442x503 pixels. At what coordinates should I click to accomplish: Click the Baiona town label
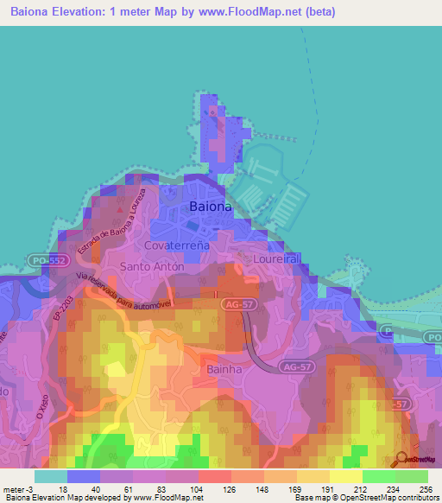tap(210, 207)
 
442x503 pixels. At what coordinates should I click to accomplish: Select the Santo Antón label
tap(152, 267)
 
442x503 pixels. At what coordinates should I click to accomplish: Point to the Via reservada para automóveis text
tap(124, 290)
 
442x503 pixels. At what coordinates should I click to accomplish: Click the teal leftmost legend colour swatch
tap(50, 475)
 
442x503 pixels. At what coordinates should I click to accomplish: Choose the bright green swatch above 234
tap(379, 475)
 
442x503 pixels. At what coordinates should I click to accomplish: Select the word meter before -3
tap(15, 488)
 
